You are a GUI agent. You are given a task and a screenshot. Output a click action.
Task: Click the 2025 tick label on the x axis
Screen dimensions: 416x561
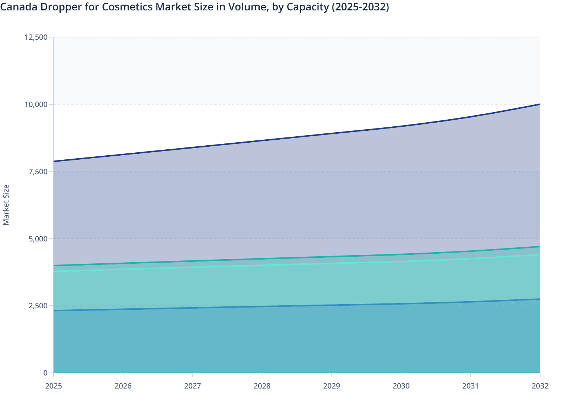tap(54, 386)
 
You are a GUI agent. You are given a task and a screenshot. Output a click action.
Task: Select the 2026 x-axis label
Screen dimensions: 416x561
tap(123, 386)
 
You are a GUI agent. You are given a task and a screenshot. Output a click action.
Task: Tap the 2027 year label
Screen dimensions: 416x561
tap(193, 386)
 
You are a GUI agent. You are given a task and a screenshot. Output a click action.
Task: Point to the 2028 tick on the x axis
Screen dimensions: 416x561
tap(262, 386)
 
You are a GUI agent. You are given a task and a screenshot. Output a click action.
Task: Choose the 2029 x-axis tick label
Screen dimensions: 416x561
tap(331, 386)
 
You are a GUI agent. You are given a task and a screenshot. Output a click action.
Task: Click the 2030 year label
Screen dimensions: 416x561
tap(401, 386)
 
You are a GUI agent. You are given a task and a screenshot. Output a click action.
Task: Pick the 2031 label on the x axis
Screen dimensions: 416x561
tap(470, 386)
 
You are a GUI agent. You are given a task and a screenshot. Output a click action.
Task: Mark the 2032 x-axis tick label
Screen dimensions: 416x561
tap(540, 386)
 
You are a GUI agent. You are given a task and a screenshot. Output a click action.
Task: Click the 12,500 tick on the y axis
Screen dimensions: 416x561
tap(36, 37)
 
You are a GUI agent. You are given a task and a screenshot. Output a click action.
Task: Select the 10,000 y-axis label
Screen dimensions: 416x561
tap(36, 104)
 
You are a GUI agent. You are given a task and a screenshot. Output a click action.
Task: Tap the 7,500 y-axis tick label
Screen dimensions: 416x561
tap(38, 172)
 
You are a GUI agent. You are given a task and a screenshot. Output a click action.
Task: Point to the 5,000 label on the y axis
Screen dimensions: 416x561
tap(38, 239)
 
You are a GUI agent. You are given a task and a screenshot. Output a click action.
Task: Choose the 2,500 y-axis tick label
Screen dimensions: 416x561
tap(38, 306)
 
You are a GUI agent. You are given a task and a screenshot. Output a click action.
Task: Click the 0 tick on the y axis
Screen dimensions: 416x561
tap(45, 373)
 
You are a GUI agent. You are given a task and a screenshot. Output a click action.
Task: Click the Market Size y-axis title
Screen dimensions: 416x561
tap(6, 205)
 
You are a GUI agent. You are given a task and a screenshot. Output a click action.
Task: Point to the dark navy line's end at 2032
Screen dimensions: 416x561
tap(540, 104)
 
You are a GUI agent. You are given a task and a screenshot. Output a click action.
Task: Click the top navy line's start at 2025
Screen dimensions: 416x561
tap(54, 161)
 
